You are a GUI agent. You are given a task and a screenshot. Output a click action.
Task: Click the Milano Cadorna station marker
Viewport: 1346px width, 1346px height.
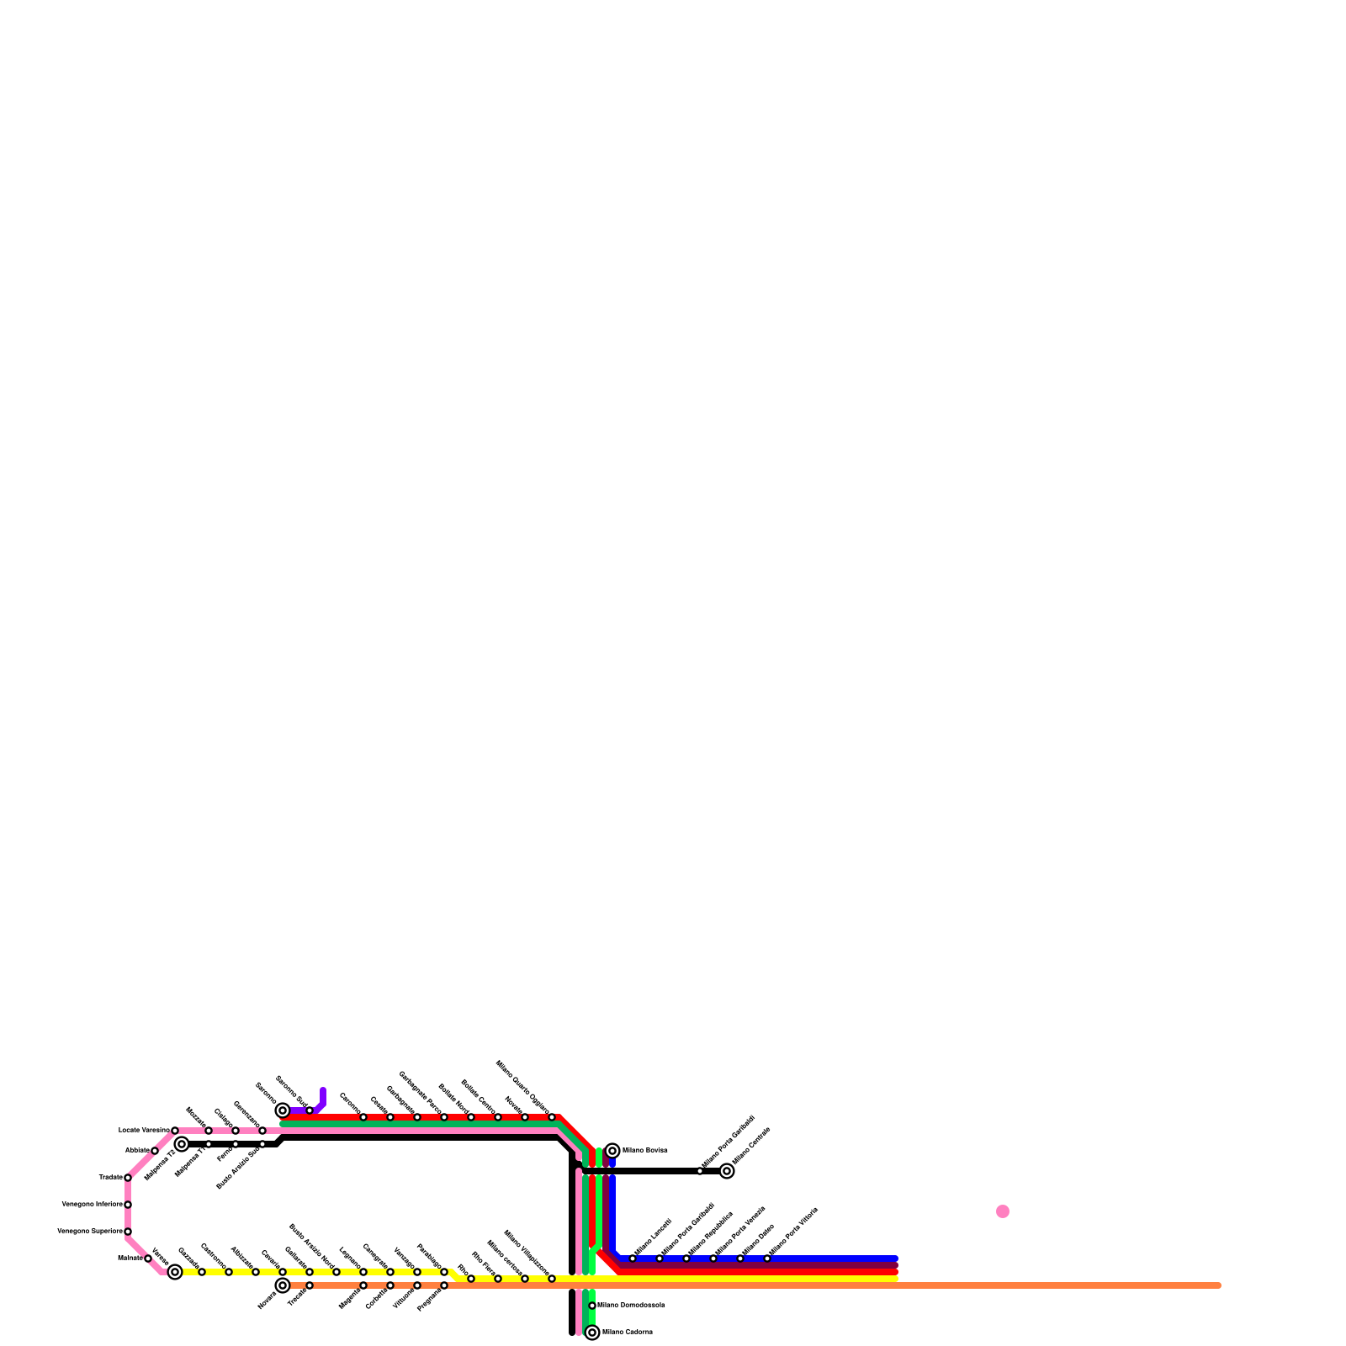[x=592, y=1333]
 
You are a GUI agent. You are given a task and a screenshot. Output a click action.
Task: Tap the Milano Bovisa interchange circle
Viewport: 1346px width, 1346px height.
[x=612, y=1151]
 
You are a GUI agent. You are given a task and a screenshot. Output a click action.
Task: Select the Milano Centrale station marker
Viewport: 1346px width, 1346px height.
[x=727, y=1171]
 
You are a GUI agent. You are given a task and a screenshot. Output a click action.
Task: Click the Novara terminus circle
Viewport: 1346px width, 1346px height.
[x=283, y=1285]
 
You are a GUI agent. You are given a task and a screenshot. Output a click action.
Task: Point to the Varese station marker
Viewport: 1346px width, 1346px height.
[x=175, y=1272]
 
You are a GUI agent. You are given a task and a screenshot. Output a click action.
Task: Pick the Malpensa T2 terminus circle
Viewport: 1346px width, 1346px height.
[x=182, y=1144]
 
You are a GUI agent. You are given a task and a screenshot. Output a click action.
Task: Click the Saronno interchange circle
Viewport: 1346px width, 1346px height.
[x=283, y=1110]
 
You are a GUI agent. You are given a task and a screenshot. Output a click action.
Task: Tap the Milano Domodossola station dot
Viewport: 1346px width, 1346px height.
[x=592, y=1306]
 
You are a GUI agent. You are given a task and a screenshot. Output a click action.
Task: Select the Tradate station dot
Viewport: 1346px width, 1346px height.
[x=128, y=1178]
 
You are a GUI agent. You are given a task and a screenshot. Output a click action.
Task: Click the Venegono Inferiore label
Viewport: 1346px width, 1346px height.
[x=92, y=1205]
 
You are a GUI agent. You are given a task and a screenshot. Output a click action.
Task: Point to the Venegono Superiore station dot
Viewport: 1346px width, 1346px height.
[x=128, y=1232]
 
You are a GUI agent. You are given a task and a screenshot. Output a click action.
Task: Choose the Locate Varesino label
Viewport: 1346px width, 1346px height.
[x=144, y=1130]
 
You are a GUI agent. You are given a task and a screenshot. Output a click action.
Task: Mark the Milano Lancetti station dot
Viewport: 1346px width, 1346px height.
[x=633, y=1259]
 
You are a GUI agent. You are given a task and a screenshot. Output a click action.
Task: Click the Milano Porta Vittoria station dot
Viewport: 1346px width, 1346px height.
[x=767, y=1259]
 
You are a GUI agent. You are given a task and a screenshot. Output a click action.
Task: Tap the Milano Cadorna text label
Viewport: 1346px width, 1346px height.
[x=628, y=1333]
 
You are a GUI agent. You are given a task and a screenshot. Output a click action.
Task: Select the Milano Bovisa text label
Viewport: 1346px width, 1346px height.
[x=644, y=1150]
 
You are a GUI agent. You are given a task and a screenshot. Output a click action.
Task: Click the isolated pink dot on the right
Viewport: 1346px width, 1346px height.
[x=1003, y=1211]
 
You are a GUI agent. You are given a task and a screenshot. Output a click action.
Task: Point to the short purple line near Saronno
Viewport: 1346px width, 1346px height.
[x=322, y=1098]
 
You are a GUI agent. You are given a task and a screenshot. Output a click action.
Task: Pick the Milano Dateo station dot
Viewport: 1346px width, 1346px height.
[x=740, y=1259]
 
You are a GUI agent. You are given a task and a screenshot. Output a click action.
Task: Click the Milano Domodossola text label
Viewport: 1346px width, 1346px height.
[x=631, y=1306]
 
